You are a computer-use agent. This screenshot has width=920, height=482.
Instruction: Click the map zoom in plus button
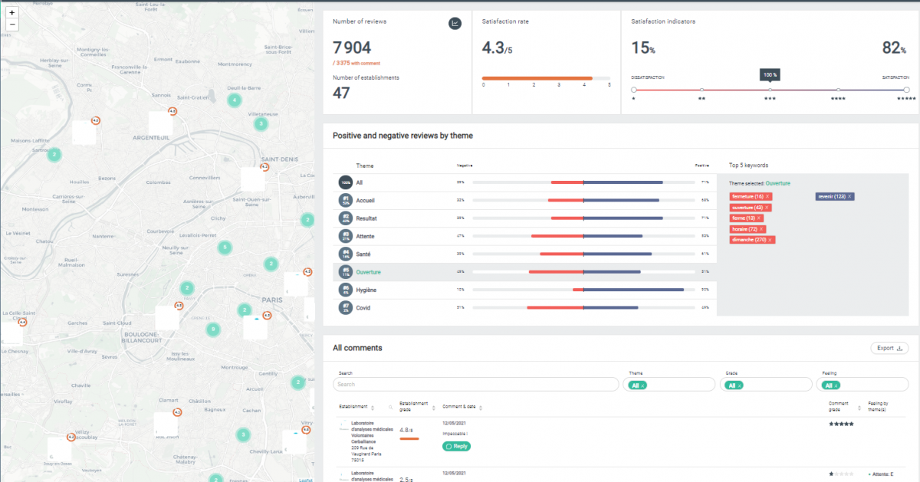coord(11,13)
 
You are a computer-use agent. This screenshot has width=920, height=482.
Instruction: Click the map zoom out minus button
coord(11,25)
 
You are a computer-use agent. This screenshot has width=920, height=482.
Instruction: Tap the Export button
coord(889,348)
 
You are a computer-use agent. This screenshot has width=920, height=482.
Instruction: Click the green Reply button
coord(456,446)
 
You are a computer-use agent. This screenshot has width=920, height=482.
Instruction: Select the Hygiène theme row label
coord(366,290)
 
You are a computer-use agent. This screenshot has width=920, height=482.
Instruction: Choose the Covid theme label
coord(363,307)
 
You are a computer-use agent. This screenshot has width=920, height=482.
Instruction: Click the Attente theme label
coord(366,236)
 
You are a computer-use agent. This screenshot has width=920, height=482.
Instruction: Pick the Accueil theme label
coord(366,200)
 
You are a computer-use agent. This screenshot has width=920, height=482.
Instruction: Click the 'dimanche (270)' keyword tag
coord(752,240)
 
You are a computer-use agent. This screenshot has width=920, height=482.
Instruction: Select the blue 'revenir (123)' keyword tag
coord(834,196)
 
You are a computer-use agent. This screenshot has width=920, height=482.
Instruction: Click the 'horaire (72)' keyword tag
coord(747,229)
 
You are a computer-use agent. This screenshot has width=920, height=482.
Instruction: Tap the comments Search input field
coord(476,384)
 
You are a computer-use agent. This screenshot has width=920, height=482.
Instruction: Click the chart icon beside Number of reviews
coord(455,24)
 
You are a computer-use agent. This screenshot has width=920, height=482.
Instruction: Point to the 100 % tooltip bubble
coord(770,75)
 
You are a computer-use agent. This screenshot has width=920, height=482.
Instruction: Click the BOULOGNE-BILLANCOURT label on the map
coord(139,338)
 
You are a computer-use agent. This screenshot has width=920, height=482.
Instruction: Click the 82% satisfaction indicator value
coord(894,48)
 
